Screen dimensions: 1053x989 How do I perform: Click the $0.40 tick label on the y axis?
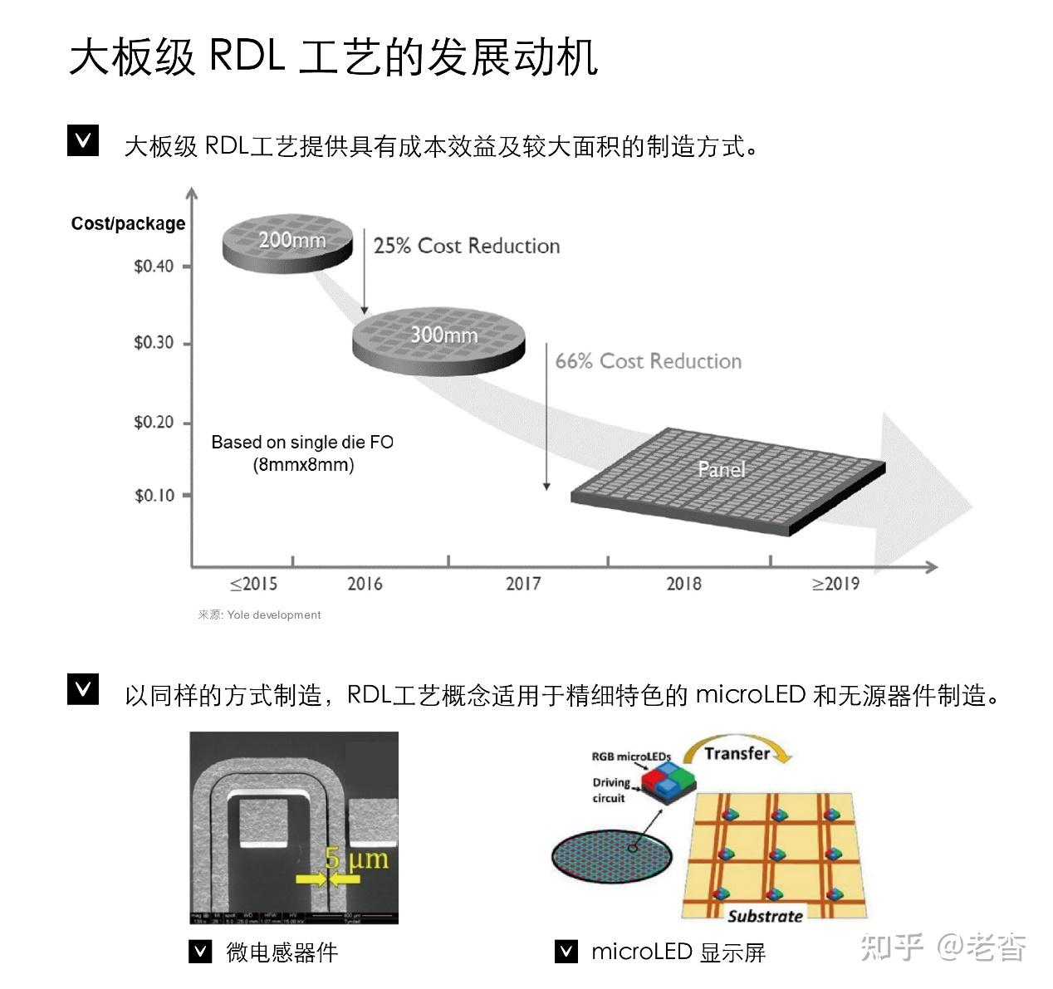click(x=154, y=267)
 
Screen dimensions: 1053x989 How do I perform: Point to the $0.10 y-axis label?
click(x=154, y=496)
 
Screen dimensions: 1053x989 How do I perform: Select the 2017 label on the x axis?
click(x=523, y=584)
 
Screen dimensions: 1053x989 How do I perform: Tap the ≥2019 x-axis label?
click(x=835, y=584)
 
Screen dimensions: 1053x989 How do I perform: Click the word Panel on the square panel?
click(x=721, y=469)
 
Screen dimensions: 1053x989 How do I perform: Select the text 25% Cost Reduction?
click(x=467, y=246)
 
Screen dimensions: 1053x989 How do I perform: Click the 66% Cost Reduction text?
click(x=648, y=361)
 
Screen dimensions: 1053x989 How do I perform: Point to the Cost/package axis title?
click(x=128, y=223)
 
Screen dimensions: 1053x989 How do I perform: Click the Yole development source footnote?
click(x=259, y=615)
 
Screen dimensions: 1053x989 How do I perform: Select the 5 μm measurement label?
click(x=356, y=858)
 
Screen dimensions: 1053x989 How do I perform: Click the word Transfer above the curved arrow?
click(x=737, y=753)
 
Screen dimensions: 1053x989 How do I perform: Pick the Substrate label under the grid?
click(x=765, y=916)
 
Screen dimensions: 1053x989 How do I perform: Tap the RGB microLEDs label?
click(x=630, y=756)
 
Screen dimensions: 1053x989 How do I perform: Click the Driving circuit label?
click(x=610, y=790)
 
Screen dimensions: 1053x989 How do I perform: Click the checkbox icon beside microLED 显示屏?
click(x=566, y=951)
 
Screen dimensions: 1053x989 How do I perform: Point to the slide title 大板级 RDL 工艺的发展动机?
click(x=333, y=57)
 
